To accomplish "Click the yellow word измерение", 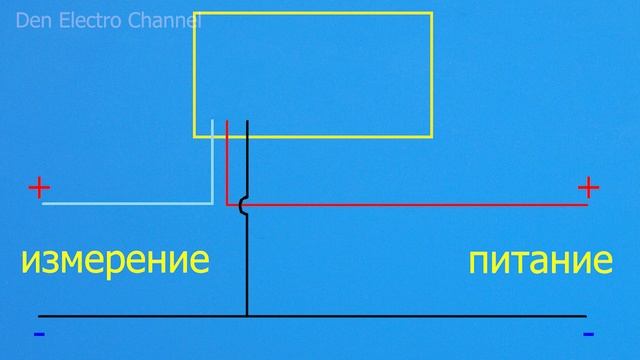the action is point(115,262).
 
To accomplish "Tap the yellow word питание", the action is point(540,262).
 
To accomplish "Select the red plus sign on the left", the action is point(39,187).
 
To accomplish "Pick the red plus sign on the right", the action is point(588,187).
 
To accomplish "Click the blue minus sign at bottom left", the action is point(38,333).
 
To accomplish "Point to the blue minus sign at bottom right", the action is point(588,333).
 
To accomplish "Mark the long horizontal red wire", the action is point(420,204).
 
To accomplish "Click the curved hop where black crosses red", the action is point(242,204).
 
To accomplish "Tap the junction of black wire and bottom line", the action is point(246,316).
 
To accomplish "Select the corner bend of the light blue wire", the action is point(213,203).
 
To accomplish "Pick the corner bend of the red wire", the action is point(229,203).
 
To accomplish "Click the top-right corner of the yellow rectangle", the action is point(431,14).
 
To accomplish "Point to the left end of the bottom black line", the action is point(38,316).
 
